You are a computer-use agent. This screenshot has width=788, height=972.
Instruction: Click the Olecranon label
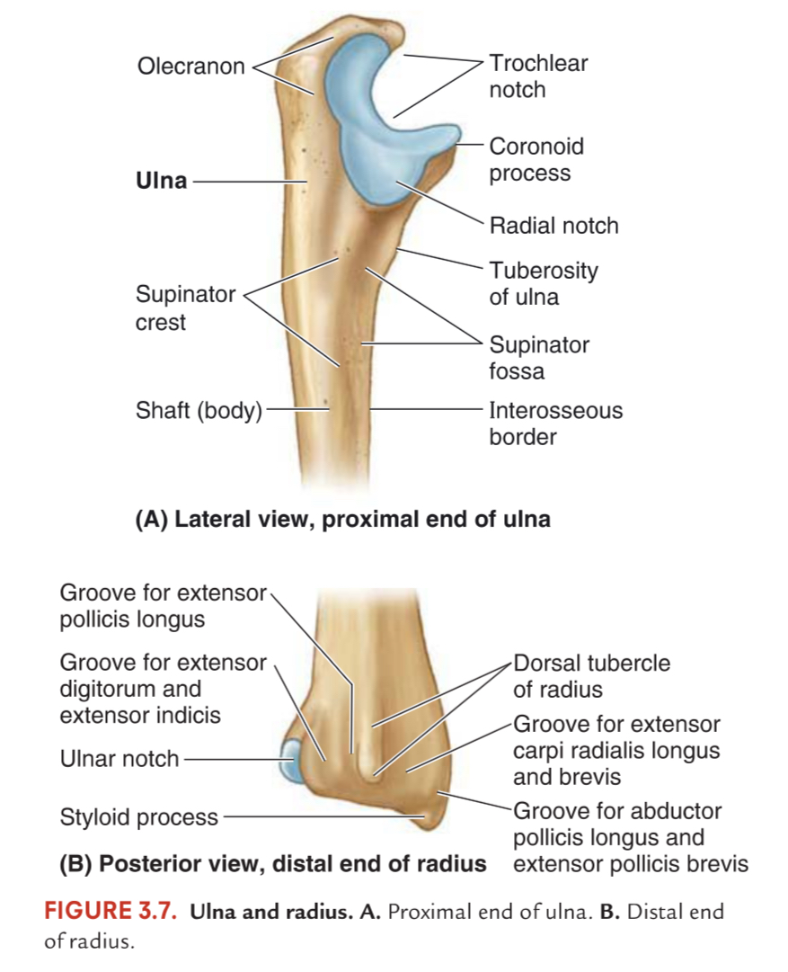pos(190,67)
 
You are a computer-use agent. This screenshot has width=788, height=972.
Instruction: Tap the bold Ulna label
pos(161,181)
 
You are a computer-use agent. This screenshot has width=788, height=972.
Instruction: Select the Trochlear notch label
pos(537,76)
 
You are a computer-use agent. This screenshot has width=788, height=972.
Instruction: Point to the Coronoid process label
pos(536,160)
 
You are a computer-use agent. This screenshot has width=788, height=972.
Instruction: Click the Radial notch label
pos(553,226)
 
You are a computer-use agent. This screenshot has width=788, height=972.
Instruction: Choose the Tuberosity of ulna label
pos(544,284)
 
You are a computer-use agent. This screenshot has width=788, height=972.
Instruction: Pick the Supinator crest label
pos(185,308)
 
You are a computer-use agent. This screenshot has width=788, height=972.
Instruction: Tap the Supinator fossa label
pos(539,358)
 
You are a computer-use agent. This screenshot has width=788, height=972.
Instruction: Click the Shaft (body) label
pos(199,410)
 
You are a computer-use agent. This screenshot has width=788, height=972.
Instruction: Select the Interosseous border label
pos(555,424)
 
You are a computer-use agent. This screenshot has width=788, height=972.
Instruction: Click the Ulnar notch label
pos(119,759)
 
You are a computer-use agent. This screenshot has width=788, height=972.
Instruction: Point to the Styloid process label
pos(138,817)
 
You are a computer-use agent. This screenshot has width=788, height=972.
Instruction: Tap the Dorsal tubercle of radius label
pos(591,676)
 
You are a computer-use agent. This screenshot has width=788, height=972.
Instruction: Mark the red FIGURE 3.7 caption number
pos(111,911)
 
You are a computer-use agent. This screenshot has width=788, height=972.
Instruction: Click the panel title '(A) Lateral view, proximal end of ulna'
pos(342,520)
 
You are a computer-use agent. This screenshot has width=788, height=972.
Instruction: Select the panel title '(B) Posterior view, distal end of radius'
pos(272,863)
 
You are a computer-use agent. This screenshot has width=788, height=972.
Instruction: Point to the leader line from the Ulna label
pos(250,182)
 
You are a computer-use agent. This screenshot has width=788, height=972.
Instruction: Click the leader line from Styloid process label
pos(323,817)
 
